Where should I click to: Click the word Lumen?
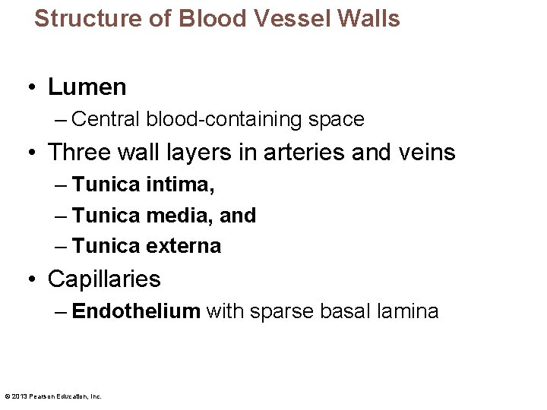[87, 87]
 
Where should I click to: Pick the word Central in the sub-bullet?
[106, 120]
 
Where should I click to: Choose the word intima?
[181, 184]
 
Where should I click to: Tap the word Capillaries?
[104, 279]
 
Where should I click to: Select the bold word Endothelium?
[136, 311]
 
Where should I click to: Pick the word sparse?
[264, 312]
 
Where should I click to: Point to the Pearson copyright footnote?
[52, 396]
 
